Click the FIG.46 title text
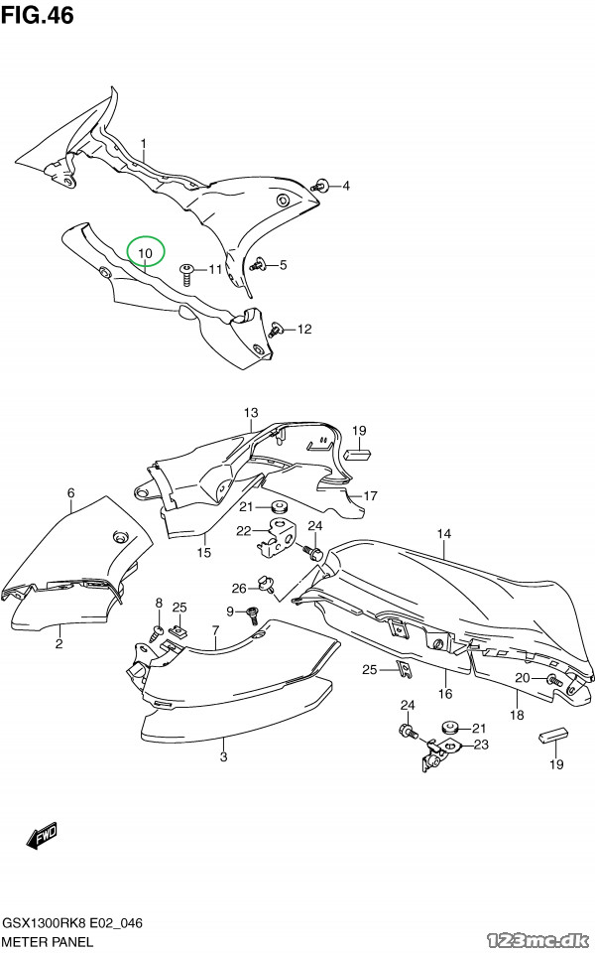[x=38, y=15]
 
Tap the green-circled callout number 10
[x=145, y=252]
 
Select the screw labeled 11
[x=187, y=274]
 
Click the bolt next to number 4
[x=320, y=186]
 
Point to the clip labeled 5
[x=260, y=264]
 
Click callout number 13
[x=251, y=413]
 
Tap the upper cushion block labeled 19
[x=358, y=454]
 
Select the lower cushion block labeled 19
[x=553, y=736]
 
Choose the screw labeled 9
[x=251, y=614]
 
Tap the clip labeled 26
[x=266, y=584]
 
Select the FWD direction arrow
[x=42, y=836]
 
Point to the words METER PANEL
[x=48, y=942]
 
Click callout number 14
[x=444, y=534]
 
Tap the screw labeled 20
[x=552, y=680]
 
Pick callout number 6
[x=71, y=492]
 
